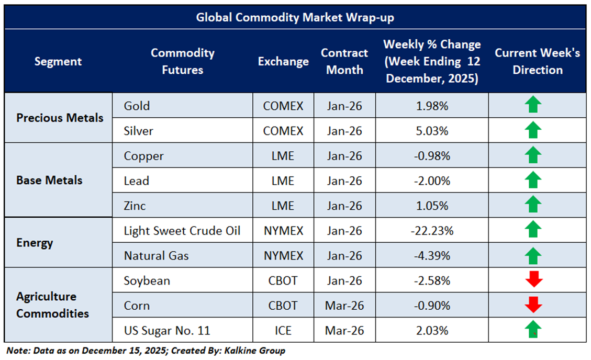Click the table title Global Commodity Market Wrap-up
pos(295,17)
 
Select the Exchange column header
pos(283,61)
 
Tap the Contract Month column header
pos(344,61)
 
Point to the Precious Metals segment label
pos(60,118)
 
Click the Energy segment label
pos(35,243)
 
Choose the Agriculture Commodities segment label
pos(52,305)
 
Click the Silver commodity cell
pos(138,131)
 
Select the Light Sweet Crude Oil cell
pos(182,231)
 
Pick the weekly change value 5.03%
pos(432,131)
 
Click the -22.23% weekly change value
pos(432,231)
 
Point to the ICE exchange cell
pos(283,331)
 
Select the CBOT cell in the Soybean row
pos(283,281)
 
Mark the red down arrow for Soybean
pos(533,280)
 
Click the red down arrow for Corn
pos(533,304)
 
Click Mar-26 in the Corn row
pos(344,306)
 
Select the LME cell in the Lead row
pos(283,181)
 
